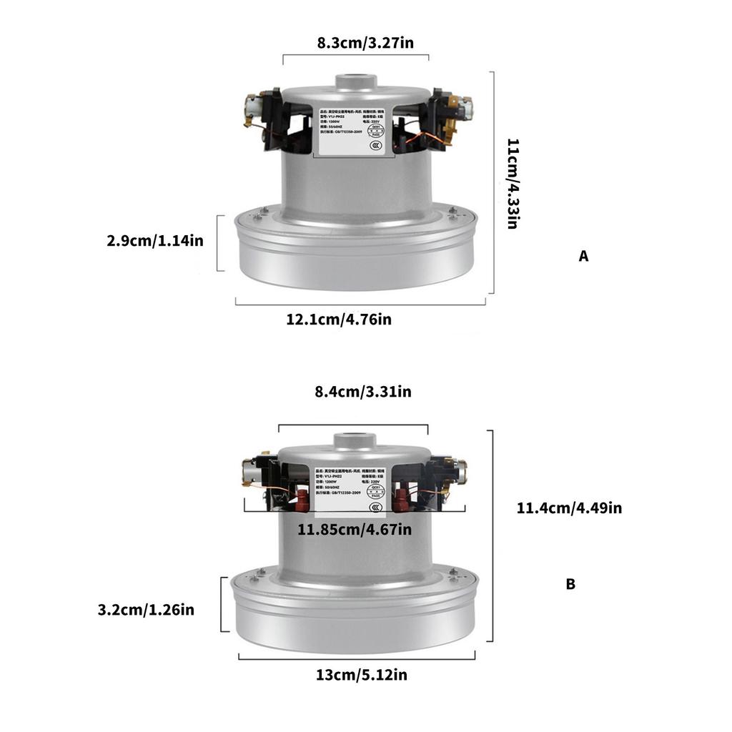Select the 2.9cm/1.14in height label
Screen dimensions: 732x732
click(x=155, y=241)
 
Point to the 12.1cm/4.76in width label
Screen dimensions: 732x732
click(x=339, y=319)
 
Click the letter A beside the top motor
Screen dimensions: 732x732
click(x=583, y=257)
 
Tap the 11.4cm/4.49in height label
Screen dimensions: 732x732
click(x=569, y=508)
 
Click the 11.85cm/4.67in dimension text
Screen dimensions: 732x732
click(x=355, y=530)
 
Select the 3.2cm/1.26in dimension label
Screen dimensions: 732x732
click(x=146, y=610)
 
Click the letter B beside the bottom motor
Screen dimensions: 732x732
click(x=570, y=584)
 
